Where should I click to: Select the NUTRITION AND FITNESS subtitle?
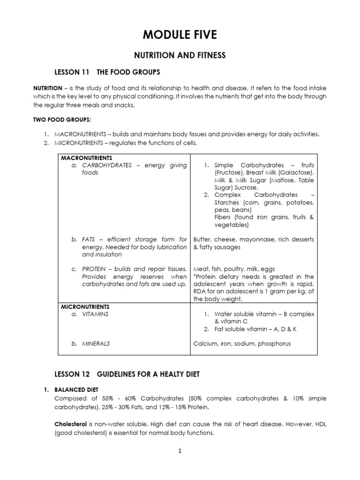tap(180, 55)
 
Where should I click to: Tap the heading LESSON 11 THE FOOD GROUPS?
tap(108, 72)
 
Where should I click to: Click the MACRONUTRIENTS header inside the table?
tap(86, 158)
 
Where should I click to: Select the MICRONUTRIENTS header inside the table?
tap(85, 307)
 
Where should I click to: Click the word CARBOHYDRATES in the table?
tap(106, 165)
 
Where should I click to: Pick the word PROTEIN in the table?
tap(95, 269)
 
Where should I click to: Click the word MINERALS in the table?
tap(96, 344)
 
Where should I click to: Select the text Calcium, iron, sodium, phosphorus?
tap(242, 344)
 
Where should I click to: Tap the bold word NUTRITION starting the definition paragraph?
tap(47, 88)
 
